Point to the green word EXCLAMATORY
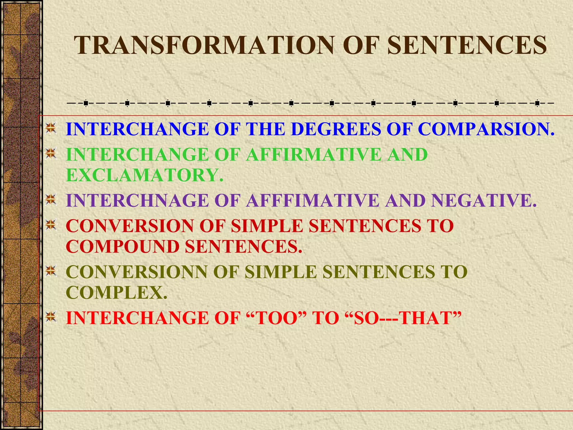[144, 175]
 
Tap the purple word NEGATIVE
[483, 200]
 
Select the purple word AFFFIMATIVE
[313, 200]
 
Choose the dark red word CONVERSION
[130, 226]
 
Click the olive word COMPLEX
[116, 293]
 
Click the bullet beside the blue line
[51, 128]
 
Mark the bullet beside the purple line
[51, 200]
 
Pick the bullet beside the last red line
[51, 317]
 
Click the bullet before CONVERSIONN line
[51, 271]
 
